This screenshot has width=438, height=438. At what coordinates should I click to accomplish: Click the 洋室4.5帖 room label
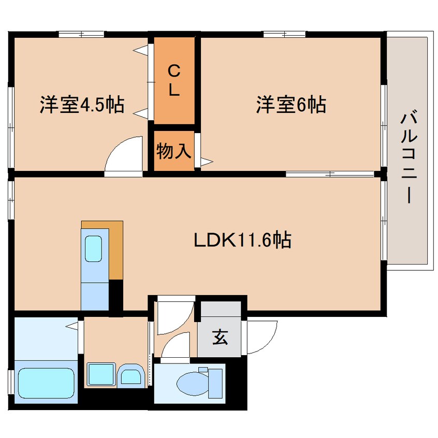pyautogui.click(x=81, y=105)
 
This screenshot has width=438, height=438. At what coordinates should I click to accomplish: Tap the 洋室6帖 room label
pyautogui.click(x=290, y=105)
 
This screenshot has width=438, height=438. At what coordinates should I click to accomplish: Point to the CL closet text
pyautogui.click(x=173, y=80)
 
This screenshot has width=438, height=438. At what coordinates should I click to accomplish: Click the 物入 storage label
pyautogui.click(x=174, y=152)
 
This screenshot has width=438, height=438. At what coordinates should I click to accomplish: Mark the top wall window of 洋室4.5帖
pyautogui.click(x=81, y=35)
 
